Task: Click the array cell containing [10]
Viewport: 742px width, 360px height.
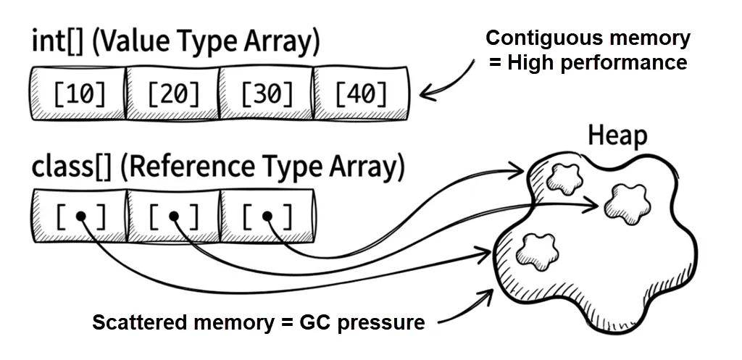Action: click(x=79, y=93)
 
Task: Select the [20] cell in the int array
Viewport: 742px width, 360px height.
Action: click(x=172, y=93)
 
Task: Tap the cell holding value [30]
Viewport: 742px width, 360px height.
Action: click(x=266, y=93)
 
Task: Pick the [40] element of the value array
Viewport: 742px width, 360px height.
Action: click(x=359, y=93)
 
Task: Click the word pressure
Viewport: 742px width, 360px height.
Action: click(x=382, y=322)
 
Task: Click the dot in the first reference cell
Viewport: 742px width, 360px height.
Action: click(x=81, y=216)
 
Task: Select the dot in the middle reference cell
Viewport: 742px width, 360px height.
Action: click(x=173, y=216)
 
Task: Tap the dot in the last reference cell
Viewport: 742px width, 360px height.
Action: click(x=267, y=216)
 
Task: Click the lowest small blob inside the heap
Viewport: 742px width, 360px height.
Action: click(x=536, y=250)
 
